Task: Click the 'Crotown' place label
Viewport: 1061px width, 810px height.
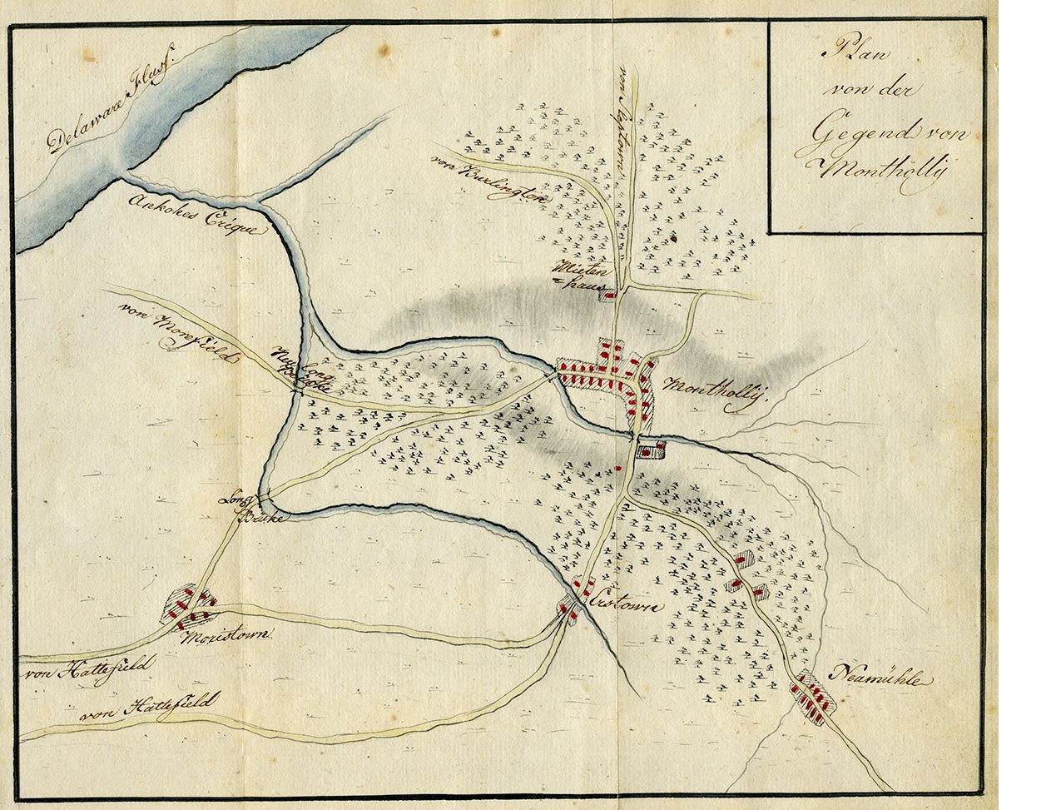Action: click(624, 604)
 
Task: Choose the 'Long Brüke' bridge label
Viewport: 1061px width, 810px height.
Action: click(251, 509)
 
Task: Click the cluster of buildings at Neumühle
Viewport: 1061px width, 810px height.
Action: click(811, 698)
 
